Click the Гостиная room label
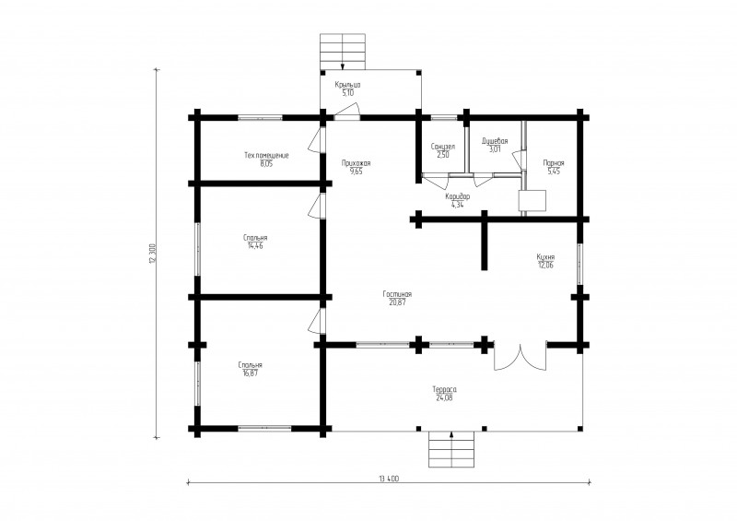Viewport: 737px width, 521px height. tap(397, 294)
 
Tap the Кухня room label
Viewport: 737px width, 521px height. tap(545, 257)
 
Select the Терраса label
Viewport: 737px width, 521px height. tap(445, 390)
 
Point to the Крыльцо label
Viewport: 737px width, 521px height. tap(348, 85)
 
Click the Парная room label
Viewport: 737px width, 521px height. tap(554, 163)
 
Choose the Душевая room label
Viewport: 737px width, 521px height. tap(495, 141)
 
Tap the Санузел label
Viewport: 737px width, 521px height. tap(443, 147)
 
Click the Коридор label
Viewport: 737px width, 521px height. tap(457, 196)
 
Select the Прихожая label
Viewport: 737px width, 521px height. tap(357, 163)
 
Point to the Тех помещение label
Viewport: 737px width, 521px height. tap(266, 155)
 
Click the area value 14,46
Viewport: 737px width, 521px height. tap(255, 245)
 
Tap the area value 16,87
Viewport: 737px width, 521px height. tap(250, 373)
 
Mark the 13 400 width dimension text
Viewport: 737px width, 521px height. tap(389, 479)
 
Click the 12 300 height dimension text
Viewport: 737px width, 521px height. tap(152, 254)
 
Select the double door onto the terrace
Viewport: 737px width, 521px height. tap(521, 356)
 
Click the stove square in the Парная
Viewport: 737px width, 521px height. tap(532, 200)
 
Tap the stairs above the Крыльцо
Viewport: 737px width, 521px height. tap(343, 52)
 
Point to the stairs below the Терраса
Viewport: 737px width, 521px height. tap(451, 449)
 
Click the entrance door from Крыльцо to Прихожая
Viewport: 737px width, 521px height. tap(347, 112)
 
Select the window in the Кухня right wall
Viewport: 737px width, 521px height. tap(579, 264)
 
